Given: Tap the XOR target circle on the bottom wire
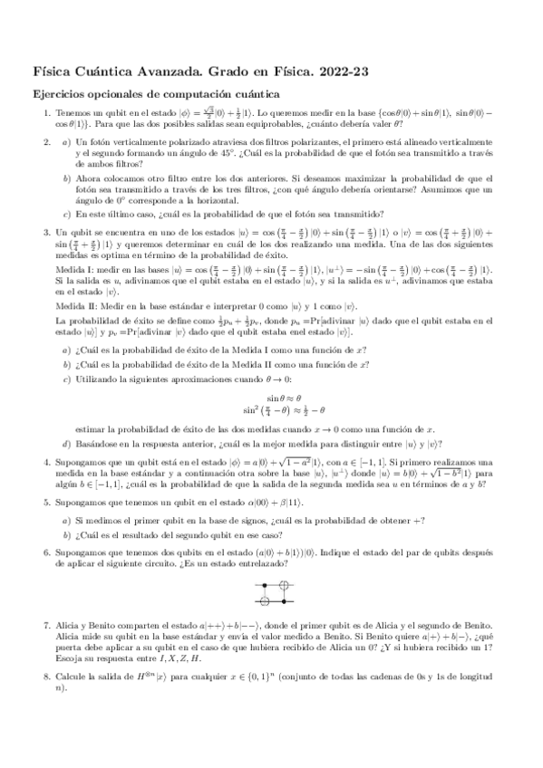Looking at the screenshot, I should pos(266,600).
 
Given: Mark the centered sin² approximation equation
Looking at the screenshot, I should pos(283,409).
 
